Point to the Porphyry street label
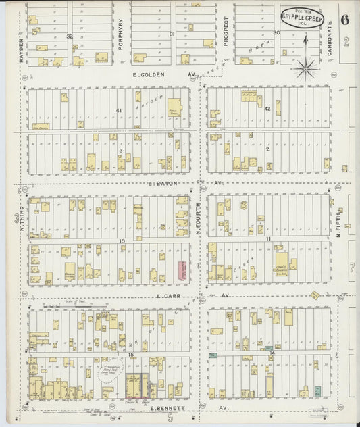(121, 34)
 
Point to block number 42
(267, 108)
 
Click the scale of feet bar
(68, 305)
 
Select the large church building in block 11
(281, 261)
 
